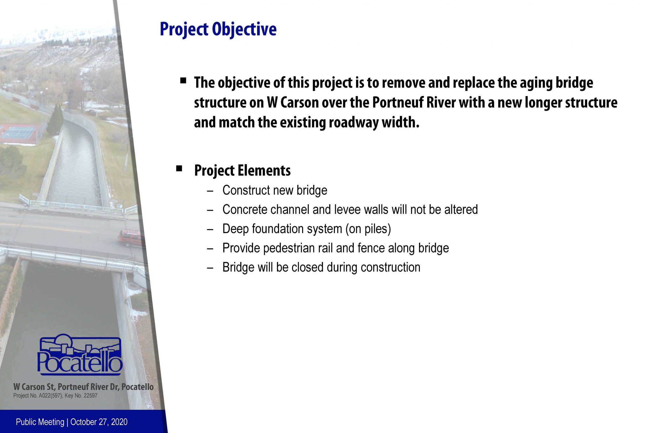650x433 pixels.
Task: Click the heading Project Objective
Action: point(218,29)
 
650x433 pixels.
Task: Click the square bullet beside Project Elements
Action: point(179,168)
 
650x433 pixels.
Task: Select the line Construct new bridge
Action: point(275,190)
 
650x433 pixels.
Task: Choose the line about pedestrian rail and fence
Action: point(335,248)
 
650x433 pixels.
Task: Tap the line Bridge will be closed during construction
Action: point(321,267)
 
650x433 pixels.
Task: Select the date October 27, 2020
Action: point(99,422)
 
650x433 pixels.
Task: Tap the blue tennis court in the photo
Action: point(19,133)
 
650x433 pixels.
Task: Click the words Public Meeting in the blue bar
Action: point(40,422)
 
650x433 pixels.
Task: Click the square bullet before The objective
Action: point(183,81)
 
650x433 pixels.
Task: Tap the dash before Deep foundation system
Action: point(210,229)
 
